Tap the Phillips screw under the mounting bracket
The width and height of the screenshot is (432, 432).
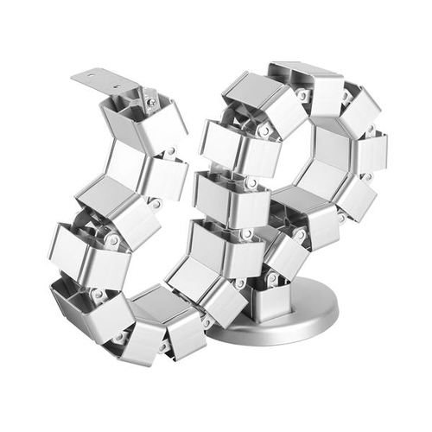click(151, 102)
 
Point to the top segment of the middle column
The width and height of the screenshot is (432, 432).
click(229, 147)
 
